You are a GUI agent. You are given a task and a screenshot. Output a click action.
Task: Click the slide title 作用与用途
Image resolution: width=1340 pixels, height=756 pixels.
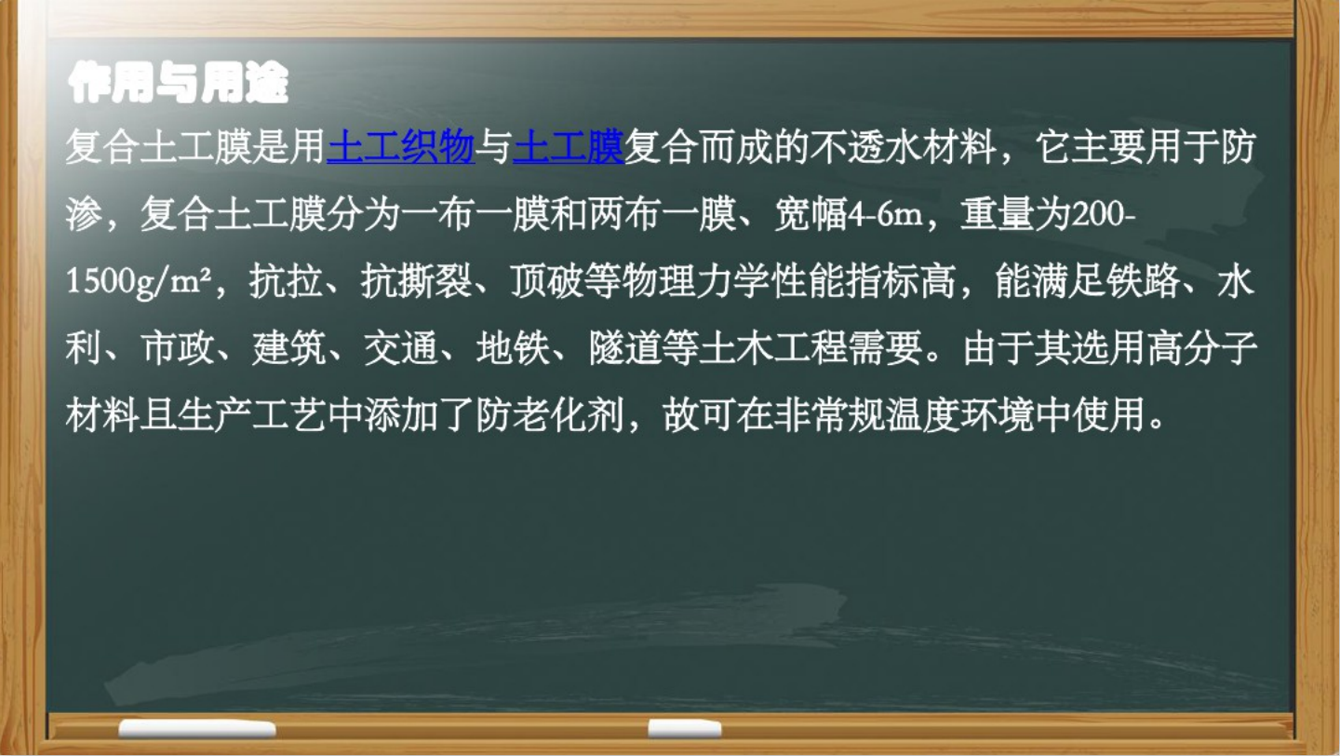[x=178, y=83]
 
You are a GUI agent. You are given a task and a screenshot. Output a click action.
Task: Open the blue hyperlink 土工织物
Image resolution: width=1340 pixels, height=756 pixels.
[x=401, y=147]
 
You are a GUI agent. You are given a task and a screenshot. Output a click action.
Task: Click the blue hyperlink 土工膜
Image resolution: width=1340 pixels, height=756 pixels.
[x=569, y=147]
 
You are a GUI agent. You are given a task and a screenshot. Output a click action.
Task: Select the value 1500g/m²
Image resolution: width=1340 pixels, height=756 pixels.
[x=139, y=281]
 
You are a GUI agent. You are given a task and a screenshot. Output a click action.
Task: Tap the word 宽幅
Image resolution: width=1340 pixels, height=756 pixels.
[x=811, y=214]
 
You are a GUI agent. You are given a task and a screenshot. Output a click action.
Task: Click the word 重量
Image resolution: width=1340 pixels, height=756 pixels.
[x=998, y=214]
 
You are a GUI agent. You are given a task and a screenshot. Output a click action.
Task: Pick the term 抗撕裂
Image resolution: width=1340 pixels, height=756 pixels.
[x=416, y=281]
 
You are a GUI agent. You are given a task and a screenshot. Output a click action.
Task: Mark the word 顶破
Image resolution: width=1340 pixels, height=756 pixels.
[x=547, y=281]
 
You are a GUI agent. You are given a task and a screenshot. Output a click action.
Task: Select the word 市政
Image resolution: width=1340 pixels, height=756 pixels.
[x=177, y=348]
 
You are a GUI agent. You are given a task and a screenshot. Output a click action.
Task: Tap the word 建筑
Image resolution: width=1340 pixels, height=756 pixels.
[x=288, y=348]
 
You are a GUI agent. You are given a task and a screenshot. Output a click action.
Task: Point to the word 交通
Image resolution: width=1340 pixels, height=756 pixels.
[x=401, y=348]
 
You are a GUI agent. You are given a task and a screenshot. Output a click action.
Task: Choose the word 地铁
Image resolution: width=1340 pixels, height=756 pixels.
[x=514, y=348]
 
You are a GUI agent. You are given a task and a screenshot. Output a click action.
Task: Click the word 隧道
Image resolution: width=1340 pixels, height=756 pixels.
[x=625, y=348]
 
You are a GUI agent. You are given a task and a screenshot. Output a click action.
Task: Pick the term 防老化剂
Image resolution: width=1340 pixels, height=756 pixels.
[x=550, y=414]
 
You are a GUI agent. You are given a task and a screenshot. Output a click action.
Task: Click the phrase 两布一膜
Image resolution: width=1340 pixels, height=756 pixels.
[x=662, y=214]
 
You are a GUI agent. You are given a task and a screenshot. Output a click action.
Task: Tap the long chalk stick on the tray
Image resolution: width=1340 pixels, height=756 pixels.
[x=197, y=729]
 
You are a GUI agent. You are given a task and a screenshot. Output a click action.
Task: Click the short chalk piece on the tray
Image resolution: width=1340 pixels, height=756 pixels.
[x=685, y=728]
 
